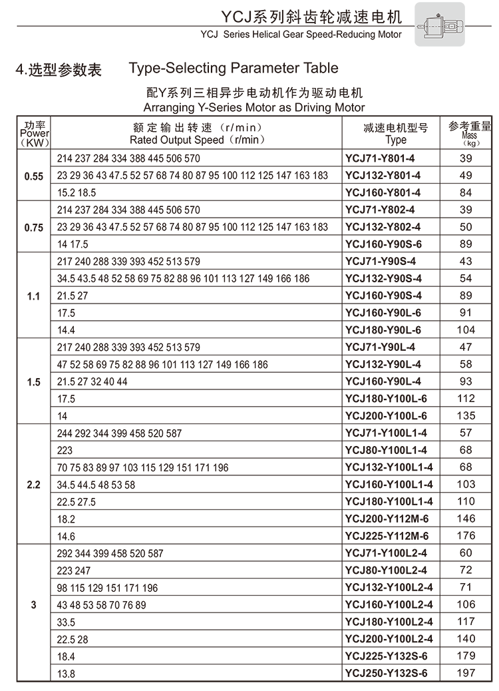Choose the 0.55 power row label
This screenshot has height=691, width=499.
point(33,176)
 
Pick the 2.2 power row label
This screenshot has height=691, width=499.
point(33,485)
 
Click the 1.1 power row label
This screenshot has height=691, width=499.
point(33,296)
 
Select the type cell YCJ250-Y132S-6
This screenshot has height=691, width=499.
point(387,673)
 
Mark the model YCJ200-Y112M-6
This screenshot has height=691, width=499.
point(387,519)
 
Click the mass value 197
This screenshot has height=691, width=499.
point(467,673)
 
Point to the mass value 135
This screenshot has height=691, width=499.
point(467,416)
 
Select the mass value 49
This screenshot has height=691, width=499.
point(466,176)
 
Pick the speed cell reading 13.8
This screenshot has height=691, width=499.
point(67,674)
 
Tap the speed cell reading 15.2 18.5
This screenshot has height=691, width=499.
point(77,193)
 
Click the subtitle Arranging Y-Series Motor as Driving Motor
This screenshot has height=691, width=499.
point(254,107)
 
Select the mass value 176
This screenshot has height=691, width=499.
point(467,536)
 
